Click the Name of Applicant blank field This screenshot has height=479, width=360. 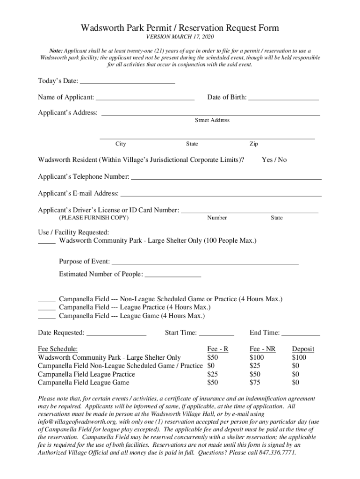coord(145,97)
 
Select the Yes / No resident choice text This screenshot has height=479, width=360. coord(274,160)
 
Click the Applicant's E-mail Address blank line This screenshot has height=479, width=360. coord(221,194)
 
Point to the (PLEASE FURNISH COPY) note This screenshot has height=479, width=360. coord(94,218)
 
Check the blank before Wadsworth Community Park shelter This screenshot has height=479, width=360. coord(46,241)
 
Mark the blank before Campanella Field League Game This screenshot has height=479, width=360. coord(46,317)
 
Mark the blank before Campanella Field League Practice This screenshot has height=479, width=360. coord(46,308)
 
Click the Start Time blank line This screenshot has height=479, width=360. coord(216,334)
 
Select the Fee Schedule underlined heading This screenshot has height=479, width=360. coord(58,349)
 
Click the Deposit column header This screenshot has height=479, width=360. coord(303,349)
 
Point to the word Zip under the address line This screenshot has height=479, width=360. coord(253,144)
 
